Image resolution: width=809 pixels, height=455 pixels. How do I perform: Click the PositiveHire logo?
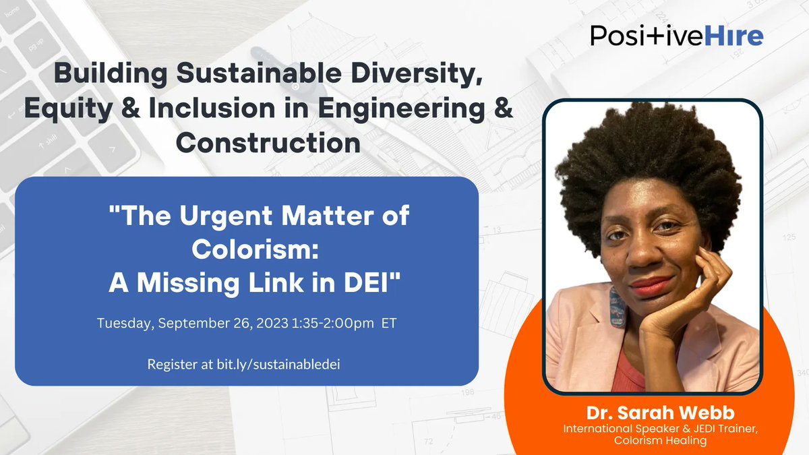pyautogui.click(x=676, y=36)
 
